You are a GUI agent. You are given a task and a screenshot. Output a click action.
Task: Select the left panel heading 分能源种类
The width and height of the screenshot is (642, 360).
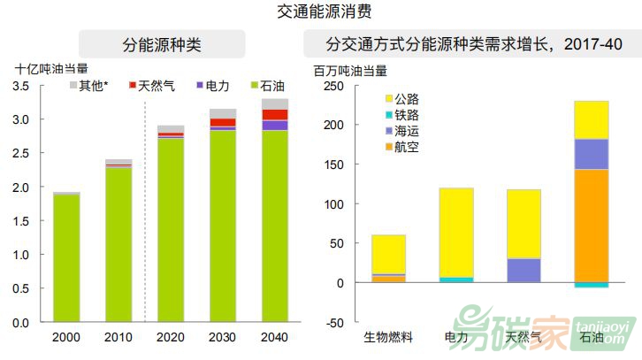pyautogui.click(x=162, y=45)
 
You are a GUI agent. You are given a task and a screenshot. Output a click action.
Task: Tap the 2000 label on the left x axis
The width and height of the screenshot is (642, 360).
pyautogui.click(x=65, y=337)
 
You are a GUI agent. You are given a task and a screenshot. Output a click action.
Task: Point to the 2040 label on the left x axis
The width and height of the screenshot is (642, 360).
pyautogui.click(x=275, y=337)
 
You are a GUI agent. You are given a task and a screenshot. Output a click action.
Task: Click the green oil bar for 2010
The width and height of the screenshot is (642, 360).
pyautogui.click(x=118, y=243)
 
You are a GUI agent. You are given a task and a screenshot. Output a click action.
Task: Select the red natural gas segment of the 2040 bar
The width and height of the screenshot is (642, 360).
pyautogui.click(x=275, y=114)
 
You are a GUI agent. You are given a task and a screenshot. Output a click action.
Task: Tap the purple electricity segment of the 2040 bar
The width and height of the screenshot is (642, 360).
pyautogui.click(x=275, y=125)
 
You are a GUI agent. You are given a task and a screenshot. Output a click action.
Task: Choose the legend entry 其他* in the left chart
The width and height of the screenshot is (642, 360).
pyautogui.click(x=93, y=86)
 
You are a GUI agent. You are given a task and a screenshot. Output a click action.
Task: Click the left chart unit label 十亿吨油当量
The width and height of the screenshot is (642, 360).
pyautogui.click(x=51, y=68)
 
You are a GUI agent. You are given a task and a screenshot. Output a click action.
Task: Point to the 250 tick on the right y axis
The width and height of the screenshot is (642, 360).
pyautogui.click(x=332, y=86)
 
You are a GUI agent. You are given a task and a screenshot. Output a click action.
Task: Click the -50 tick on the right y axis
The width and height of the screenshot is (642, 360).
pyautogui.click(x=332, y=322)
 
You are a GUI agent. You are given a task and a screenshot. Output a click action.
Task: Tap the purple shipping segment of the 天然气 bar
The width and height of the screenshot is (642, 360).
pyautogui.click(x=524, y=270)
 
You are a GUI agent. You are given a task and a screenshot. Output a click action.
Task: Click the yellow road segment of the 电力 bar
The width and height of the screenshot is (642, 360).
pyautogui.click(x=456, y=232)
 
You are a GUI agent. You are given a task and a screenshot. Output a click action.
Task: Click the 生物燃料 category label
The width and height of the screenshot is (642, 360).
pyautogui.click(x=388, y=337)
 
